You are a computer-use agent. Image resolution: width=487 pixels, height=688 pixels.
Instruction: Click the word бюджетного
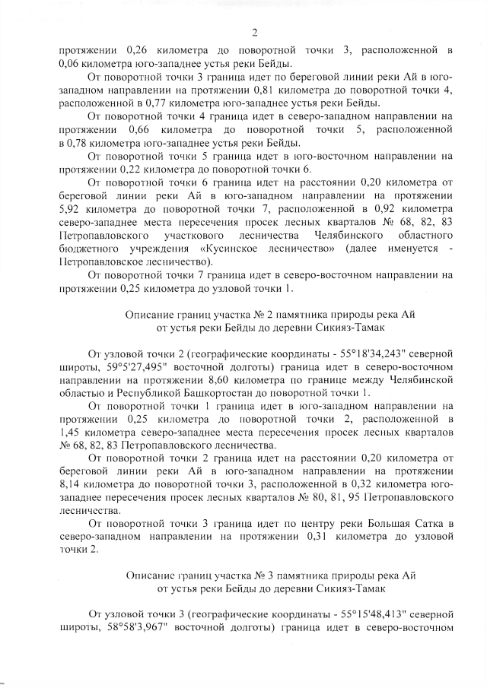(88, 249)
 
